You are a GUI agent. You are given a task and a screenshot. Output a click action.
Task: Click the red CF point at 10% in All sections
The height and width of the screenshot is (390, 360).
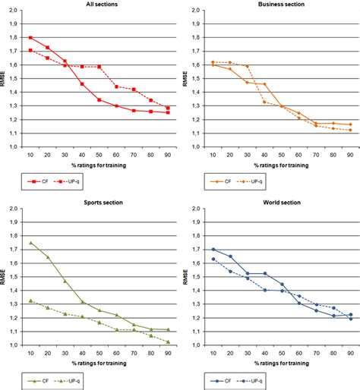click(x=30, y=38)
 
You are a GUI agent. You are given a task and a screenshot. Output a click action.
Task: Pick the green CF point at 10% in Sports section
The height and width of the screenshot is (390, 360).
click(x=30, y=243)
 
